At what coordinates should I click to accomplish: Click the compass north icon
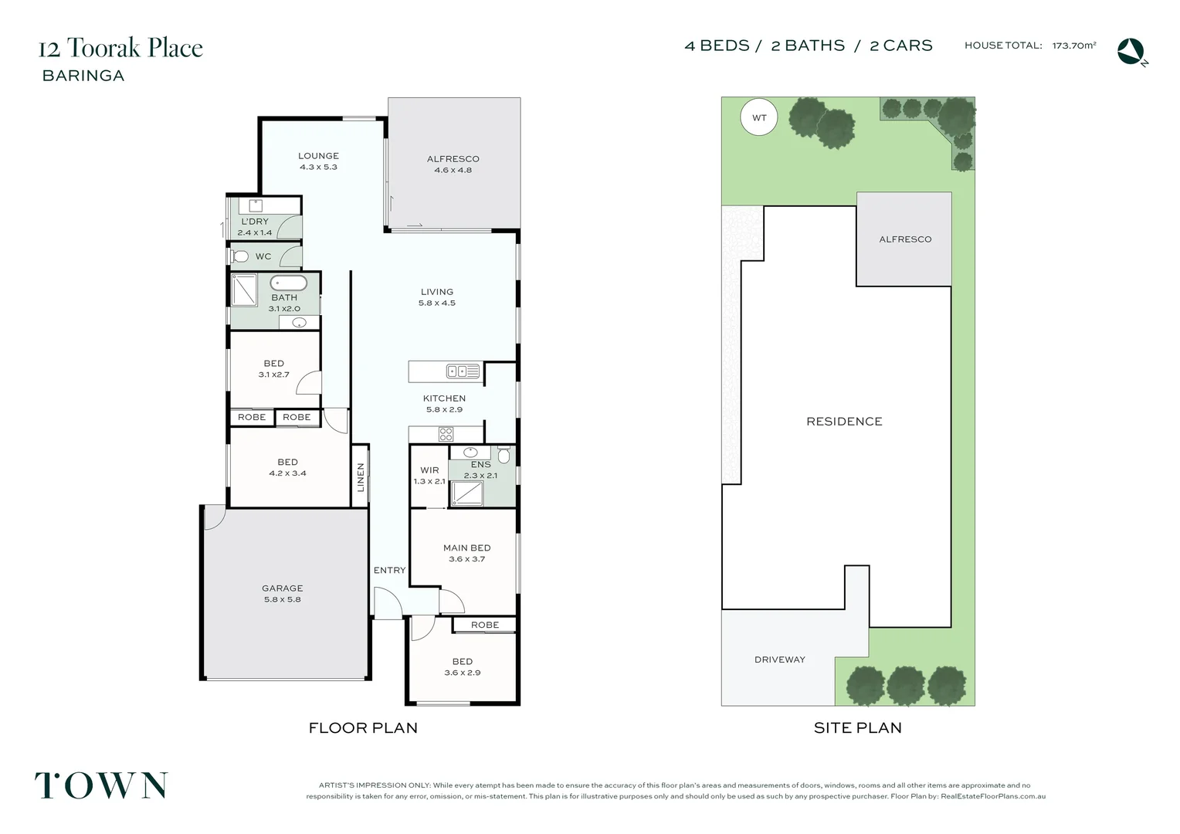pos(1131,52)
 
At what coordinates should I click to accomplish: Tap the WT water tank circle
pos(759,118)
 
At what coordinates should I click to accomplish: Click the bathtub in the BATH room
pos(289,283)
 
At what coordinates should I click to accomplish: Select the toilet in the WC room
pos(240,256)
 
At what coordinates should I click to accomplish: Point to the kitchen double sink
pos(463,371)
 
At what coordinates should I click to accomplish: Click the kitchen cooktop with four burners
pos(446,434)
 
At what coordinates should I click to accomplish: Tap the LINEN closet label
pos(361,477)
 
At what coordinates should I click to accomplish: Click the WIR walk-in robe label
pos(429,470)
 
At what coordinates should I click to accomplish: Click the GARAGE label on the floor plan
pos(282,588)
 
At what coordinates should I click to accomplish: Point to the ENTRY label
pos(389,571)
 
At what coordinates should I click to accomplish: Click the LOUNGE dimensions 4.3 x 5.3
pos(318,167)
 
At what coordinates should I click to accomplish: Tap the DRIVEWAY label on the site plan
pos(779,659)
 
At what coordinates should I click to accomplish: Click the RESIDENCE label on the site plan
pos(844,422)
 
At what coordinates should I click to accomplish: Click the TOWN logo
pos(101,786)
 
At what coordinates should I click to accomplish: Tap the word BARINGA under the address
pos(83,76)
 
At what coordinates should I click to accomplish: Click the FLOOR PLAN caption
pos(363,728)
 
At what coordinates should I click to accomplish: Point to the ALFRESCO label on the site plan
pos(905,239)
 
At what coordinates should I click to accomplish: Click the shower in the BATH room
pos(245,290)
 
